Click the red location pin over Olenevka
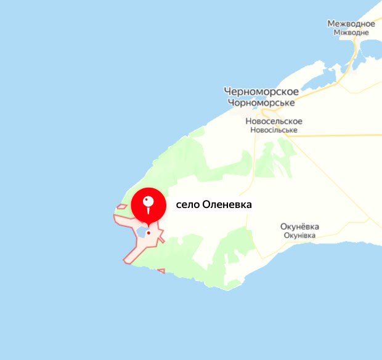click(148, 205)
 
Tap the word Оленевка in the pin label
click(227, 205)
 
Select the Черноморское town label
click(261, 92)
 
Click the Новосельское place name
click(274, 121)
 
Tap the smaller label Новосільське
click(274, 130)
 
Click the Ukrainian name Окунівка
click(299, 236)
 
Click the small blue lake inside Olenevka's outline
click(141, 233)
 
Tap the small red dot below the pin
click(149, 233)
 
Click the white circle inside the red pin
click(148, 201)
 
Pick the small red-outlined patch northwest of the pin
click(122, 207)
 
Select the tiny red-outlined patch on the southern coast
click(161, 270)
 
